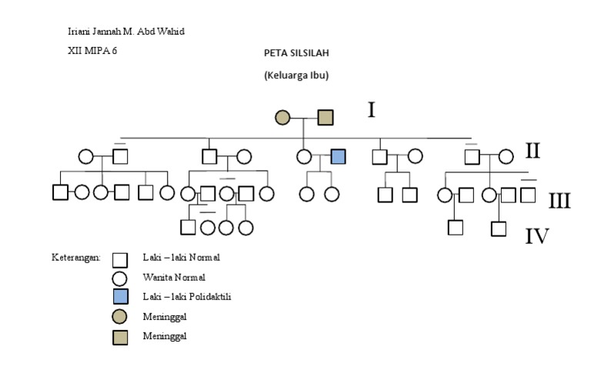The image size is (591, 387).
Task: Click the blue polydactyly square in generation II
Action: [x=338, y=156]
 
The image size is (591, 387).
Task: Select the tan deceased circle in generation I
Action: [x=282, y=118]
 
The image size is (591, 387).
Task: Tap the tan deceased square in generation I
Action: [x=326, y=118]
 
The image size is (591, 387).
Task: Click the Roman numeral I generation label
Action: [x=371, y=111]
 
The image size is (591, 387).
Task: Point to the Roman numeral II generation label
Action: [x=533, y=150]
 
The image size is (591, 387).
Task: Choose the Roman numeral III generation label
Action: [x=559, y=202]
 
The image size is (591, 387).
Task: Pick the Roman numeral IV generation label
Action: [x=537, y=235]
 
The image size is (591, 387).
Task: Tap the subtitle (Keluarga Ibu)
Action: [x=296, y=75]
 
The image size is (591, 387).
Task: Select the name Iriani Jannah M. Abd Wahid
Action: [x=126, y=32]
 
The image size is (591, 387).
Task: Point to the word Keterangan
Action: [x=75, y=258]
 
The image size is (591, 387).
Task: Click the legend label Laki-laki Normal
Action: [x=175, y=257]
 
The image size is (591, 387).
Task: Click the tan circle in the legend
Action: [x=120, y=316]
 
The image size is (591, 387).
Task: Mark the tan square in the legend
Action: [x=120, y=336]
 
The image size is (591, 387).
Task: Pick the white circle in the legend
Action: [x=120, y=278]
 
